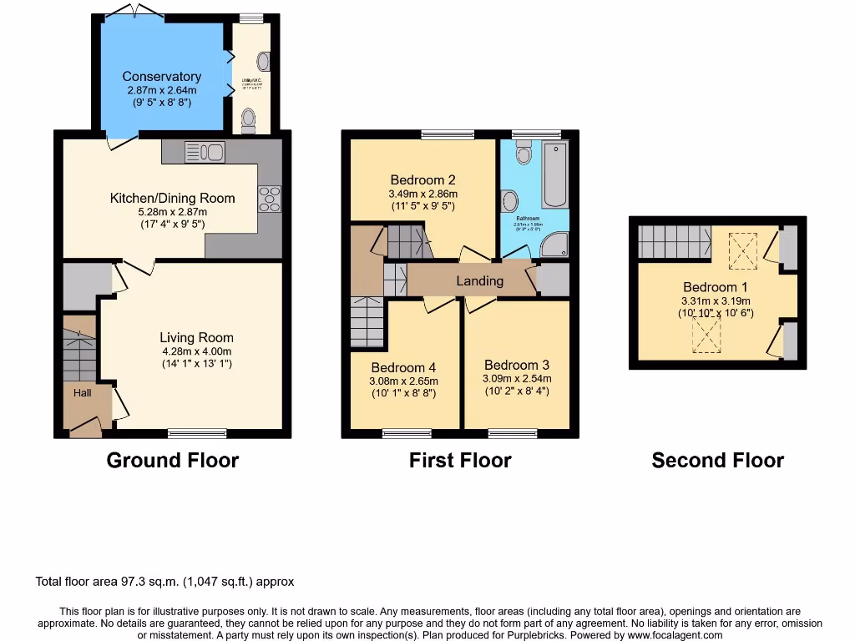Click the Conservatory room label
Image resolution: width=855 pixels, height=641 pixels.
162,77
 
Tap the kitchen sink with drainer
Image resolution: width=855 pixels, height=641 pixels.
205,151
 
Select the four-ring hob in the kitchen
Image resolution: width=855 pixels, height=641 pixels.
270,199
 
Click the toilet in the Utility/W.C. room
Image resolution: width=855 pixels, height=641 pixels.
248,120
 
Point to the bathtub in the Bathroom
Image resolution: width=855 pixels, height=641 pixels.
554,176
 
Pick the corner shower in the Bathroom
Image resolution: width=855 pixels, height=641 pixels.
555,243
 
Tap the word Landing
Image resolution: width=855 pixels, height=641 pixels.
479,280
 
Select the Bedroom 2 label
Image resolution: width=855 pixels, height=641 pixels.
422,179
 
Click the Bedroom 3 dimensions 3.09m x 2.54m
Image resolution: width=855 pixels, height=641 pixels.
517,378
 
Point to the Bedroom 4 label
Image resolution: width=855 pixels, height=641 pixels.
404,367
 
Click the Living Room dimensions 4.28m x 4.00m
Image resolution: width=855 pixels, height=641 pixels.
197,351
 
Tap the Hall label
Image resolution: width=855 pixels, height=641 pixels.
82,392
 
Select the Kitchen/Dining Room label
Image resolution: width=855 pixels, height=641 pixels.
173,198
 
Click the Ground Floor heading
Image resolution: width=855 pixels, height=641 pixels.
173,460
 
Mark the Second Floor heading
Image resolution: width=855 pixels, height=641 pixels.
717,460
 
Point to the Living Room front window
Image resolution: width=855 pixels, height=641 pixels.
197,432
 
